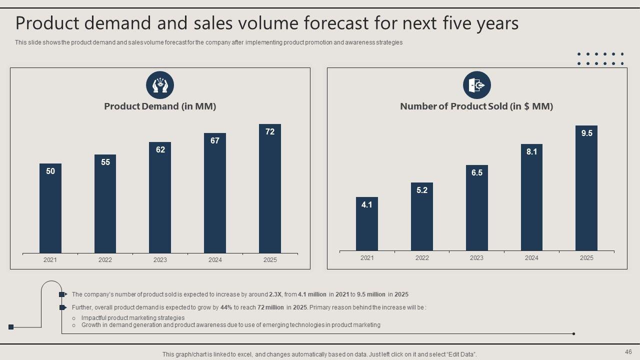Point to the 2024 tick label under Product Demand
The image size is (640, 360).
pyautogui.click(x=215, y=260)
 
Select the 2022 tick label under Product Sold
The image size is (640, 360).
pyautogui.click(x=422, y=258)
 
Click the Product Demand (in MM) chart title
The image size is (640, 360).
pyautogui.click(x=160, y=106)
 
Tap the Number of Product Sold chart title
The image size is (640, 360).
pyautogui.click(x=476, y=106)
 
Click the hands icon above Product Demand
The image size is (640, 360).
pyautogui.click(x=160, y=85)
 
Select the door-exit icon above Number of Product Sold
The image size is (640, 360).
pyautogui.click(x=477, y=85)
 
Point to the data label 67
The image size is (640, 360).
pyautogui.click(x=215, y=141)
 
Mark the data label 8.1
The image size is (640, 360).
pyautogui.click(x=531, y=152)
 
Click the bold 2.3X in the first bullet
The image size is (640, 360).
pyautogui.click(x=275, y=294)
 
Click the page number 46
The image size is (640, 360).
pyautogui.click(x=628, y=351)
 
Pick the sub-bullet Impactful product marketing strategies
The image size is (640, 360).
pyautogui.click(x=133, y=318)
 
